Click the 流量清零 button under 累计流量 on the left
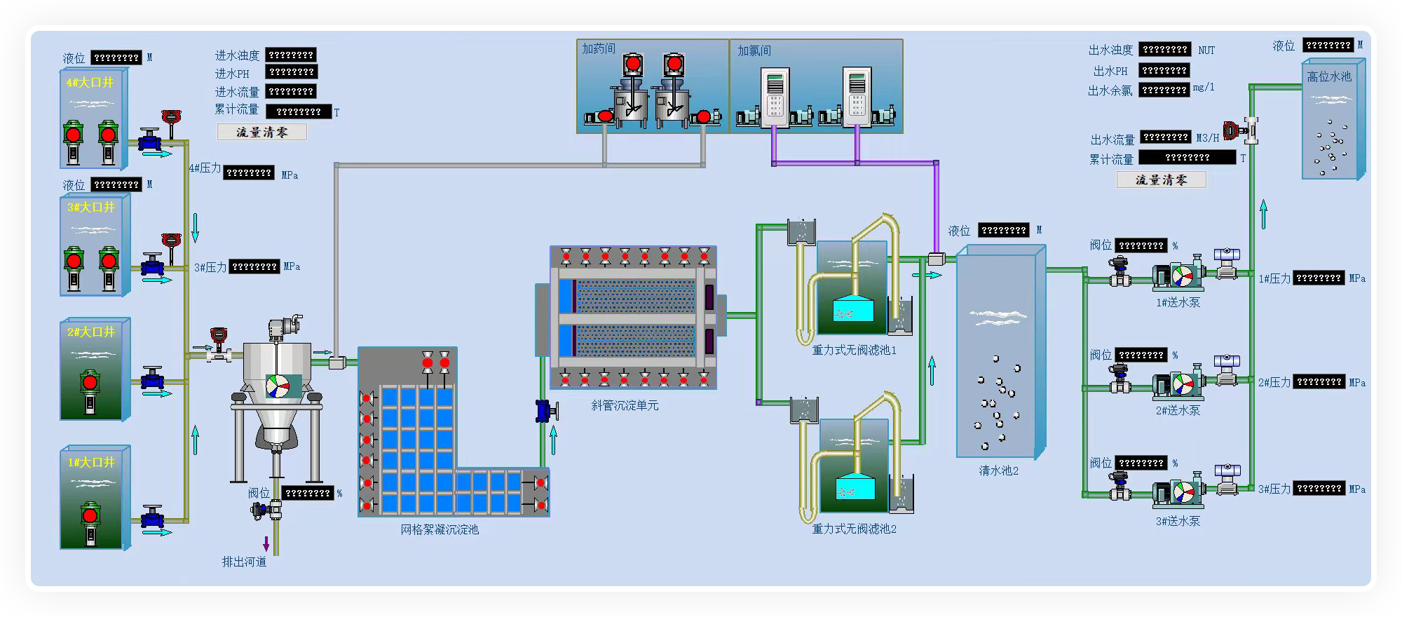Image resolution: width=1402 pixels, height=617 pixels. click(x=261, y=132)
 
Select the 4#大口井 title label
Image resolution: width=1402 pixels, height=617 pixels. click(x=90, y=83)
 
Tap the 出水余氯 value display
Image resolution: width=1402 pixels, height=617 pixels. click(x=1164, y=90)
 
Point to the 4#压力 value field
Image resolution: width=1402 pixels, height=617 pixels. click(x=249, y=172)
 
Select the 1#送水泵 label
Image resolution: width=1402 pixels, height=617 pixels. click(x=1178, y=302)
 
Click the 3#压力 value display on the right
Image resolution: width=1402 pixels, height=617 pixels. click(x=1319, y=488)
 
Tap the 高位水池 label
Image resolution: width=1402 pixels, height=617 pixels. click(x=1328, y=76)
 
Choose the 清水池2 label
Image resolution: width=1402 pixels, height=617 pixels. click(x=998, y=470)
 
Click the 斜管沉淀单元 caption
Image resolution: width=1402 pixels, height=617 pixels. click(x=625, y=405)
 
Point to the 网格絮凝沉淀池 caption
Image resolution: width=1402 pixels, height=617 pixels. click(x=440, y=529)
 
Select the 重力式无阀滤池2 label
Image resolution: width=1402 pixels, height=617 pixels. click(x=854, y=529)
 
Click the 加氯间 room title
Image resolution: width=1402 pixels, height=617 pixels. click(x=754, y=50)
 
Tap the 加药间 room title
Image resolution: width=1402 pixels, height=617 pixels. click(x=598, y=48)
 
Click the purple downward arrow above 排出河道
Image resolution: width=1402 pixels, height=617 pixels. click(x=266, y=543)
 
